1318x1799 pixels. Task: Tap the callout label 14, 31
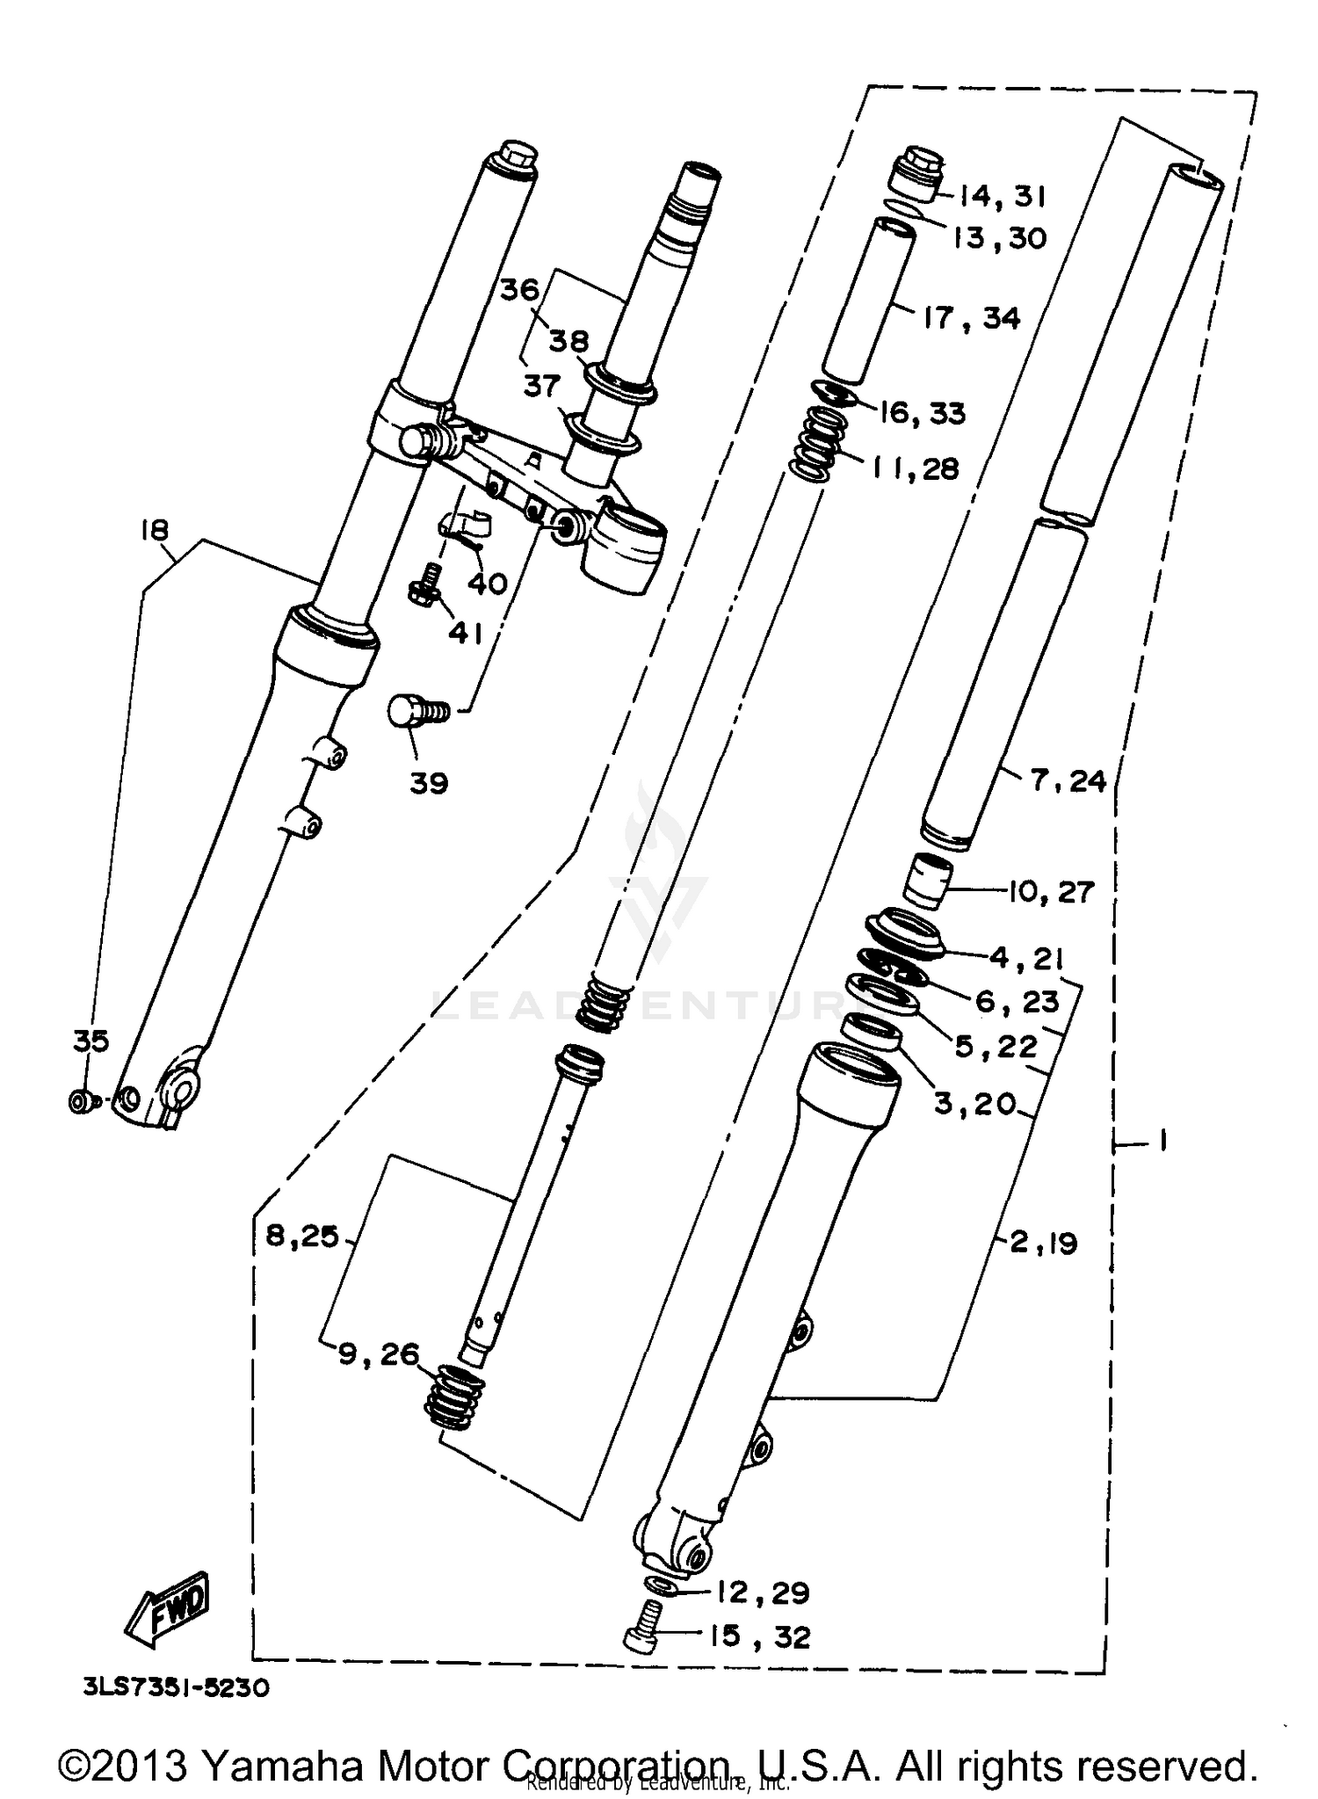click(1002, 196)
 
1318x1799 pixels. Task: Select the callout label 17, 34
click(972, 318)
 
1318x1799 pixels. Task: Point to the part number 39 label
click(429, 783)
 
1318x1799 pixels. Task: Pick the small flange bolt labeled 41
click(425, 584)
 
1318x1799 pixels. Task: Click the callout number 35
click(91, 1041)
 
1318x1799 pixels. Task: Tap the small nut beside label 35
click(79, 1100)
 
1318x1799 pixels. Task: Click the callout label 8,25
click(302, 1237)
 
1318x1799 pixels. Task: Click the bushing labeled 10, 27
click(928, 880)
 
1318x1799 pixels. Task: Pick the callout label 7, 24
click(1068, 780)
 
